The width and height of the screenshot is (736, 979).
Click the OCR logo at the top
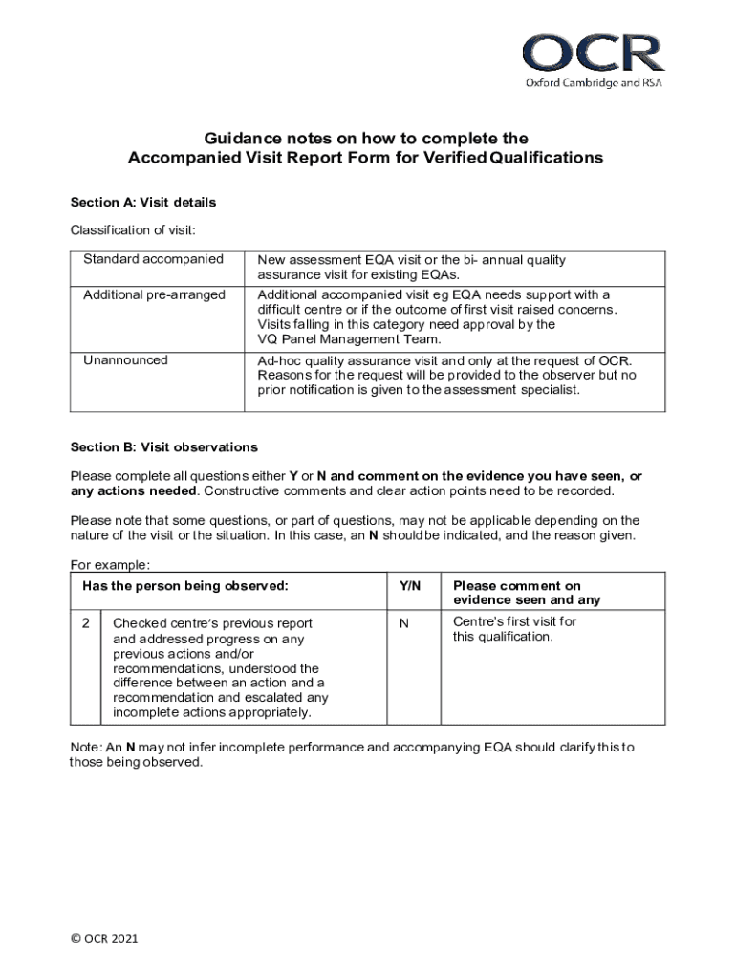(592, 54)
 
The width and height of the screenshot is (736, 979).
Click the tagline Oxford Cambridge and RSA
(593, 83)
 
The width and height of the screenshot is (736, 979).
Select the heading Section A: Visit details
(143, 203)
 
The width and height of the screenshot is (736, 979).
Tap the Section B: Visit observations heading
(163, 447)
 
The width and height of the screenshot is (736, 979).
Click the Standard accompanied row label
(153, 259)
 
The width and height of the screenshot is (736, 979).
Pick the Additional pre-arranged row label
(154, 294)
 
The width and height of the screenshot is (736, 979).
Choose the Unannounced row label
(125, 360)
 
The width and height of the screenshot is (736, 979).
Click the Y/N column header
(410, 585)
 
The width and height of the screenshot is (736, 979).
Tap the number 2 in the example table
(85, 622)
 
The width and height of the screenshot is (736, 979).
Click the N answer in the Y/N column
(403, 622)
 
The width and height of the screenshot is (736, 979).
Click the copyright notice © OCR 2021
(105, 939)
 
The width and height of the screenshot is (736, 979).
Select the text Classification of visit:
(133, 230)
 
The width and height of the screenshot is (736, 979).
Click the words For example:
(110, 565)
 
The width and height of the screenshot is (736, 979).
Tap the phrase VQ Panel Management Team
(349, 339)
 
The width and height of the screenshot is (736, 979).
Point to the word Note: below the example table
(87, 747)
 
